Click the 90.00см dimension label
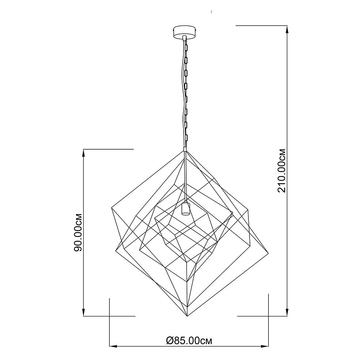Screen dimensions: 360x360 pyautogui.click(x=78, y=233)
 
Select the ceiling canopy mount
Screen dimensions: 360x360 pyautogui.click(x=185, y=31)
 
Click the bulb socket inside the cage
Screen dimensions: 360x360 pyautogui.click(x=185, y=209)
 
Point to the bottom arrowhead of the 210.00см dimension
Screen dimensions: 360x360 pyautogui.click(x=287, y=312)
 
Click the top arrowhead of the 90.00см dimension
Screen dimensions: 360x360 pyautogui.click(x=83, y=153)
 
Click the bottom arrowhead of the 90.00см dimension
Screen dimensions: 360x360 pyautogui.click(x=83, y=312)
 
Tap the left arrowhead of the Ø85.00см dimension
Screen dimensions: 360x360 pyautogui.click(x=113, y=346)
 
